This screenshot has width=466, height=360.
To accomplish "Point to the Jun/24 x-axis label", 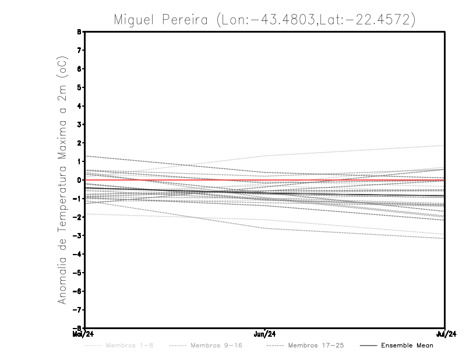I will point(265,334).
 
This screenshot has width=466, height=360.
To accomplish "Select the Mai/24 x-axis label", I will point(80,334).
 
